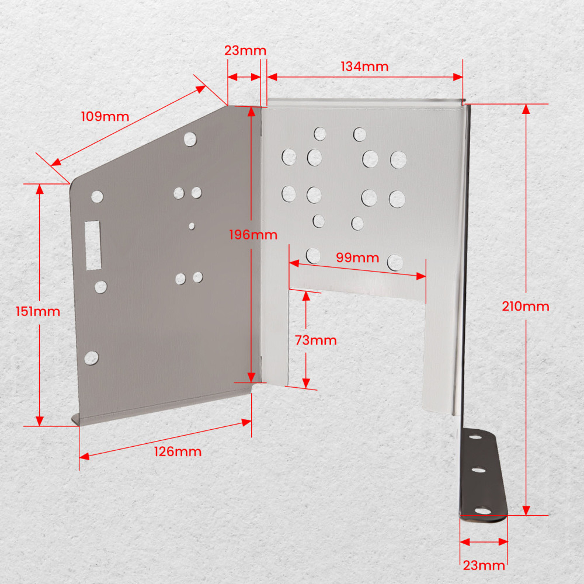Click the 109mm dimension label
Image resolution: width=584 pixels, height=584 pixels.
[105, 117]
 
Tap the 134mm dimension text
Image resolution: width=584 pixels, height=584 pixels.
[364, 67]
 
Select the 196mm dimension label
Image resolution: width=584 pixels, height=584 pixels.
[253, 235]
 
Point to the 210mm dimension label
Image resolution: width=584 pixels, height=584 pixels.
[526, 307]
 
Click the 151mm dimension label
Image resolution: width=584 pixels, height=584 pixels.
[38, 311]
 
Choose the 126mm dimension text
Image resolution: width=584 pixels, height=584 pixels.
[178, 452]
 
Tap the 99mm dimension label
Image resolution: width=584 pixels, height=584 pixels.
[357, 258]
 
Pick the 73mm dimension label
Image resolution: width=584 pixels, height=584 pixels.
[316, 340]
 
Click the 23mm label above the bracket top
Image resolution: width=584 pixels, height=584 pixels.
[245, 51]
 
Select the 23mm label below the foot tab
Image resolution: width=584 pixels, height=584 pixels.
[484, 566]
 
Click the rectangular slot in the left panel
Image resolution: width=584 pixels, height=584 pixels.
[93, 245]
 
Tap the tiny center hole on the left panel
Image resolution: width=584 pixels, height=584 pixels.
[192, 226]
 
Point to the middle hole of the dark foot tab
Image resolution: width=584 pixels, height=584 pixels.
[479, 470]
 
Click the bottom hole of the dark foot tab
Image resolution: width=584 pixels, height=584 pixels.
[483, 510]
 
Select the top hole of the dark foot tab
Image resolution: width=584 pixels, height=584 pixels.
[475, 436]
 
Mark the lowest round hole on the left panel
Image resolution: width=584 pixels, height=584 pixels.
[91, 358]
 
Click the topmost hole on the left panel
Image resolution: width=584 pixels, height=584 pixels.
[190, 139]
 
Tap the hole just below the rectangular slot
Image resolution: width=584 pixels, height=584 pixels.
[100, 287]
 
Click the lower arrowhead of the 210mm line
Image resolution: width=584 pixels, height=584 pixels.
[526, 510]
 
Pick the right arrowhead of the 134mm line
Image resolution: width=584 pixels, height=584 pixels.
[458, 77]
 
